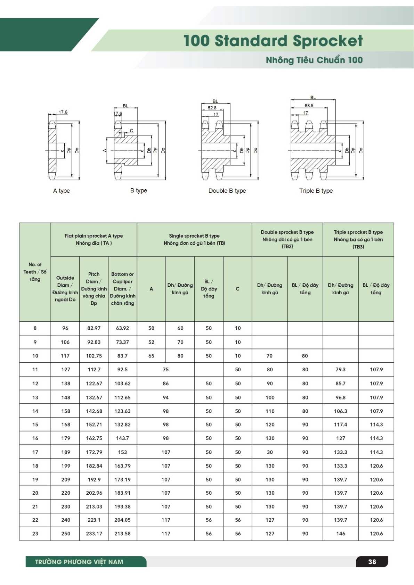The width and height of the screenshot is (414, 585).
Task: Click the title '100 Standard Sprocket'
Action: tap(273, 41)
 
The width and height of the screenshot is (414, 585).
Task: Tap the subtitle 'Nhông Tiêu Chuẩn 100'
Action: tap(314, 60)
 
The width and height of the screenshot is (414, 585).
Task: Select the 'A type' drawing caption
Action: tap(62, 191)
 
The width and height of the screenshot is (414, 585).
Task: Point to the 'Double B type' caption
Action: tap(227, 191)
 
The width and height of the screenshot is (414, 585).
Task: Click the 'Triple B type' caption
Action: tap(316, 191)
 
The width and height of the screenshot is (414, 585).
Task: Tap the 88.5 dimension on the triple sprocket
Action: tap(309, 105)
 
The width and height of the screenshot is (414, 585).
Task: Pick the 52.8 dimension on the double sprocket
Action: tap(212, 108)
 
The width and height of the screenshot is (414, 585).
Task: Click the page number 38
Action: tap(372, 562)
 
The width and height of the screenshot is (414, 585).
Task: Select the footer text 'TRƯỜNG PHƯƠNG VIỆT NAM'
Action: tap(79, 562)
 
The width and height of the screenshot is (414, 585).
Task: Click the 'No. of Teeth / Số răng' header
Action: tap(35, 272)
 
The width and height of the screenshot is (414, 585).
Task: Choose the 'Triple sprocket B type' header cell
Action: tap(358, 239)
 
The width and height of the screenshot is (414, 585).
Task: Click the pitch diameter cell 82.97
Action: tap(94, 328)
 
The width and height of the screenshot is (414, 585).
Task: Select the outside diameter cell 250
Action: tap(65, 534)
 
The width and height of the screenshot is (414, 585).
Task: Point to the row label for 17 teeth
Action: tap(35, 452)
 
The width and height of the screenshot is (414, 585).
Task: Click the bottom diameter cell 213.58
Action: tap(122, 534)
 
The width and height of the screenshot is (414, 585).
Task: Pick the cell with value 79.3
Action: tap(340, 370)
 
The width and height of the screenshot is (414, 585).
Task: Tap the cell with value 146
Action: tap(341, 534)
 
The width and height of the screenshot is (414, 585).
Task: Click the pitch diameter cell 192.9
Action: tap(94, 479)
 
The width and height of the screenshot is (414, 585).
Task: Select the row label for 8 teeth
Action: tap(35, 328)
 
